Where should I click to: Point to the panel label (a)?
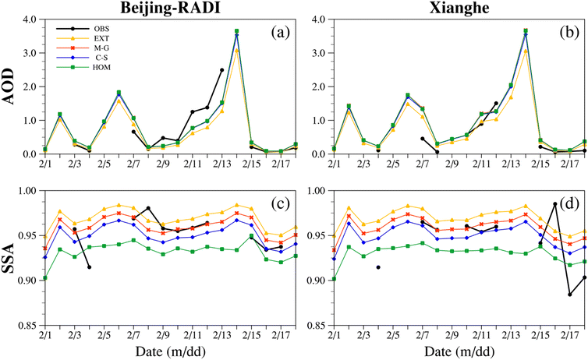tap(278, 33)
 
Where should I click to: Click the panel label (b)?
tap(563, 33)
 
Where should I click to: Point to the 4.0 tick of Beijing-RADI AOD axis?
tap(27, 19)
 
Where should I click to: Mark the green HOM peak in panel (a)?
tap(236, 31)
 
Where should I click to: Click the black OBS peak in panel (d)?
tap(554, 203)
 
